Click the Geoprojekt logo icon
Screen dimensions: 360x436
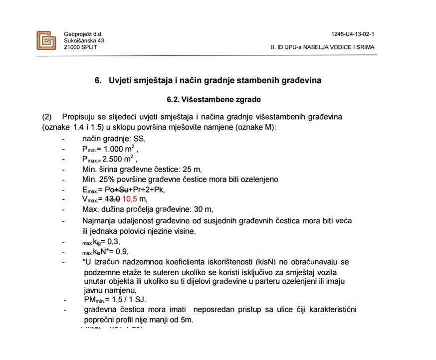46,40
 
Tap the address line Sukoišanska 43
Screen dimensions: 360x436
84,40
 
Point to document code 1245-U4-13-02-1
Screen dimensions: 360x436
352,34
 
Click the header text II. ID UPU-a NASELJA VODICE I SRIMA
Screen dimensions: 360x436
322,47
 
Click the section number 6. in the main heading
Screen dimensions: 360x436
98,80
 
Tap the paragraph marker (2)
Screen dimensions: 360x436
47,117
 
